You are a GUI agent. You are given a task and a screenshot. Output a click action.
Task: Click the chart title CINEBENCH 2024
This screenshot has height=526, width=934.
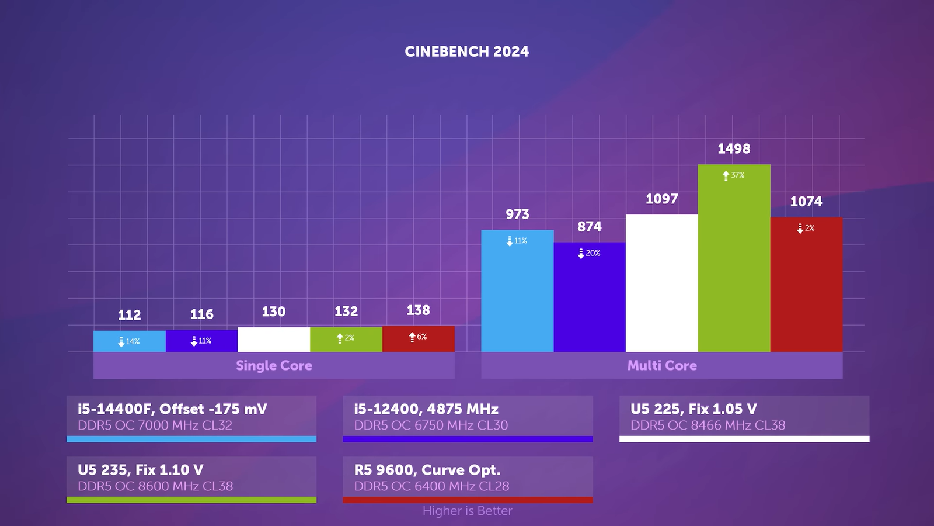(467, 51)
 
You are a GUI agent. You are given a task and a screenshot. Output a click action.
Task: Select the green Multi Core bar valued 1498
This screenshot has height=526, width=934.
(734, 263)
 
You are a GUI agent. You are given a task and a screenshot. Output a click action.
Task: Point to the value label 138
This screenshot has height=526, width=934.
(418, 310)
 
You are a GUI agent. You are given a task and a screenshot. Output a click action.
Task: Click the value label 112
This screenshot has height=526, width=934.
(130, 315)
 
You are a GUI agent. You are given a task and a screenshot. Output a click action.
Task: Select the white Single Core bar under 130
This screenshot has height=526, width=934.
(274, 340)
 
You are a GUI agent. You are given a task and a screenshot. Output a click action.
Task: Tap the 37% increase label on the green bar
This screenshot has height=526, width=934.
(734, 175)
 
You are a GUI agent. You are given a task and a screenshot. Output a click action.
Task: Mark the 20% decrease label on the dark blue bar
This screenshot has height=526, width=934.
(589, 253)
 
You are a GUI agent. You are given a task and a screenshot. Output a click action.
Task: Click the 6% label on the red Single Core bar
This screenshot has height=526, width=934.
(418, 337)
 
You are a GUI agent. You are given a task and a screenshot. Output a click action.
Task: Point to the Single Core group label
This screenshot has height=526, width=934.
(274, 365)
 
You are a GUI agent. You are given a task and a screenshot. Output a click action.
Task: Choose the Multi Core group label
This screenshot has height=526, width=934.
(662, 365)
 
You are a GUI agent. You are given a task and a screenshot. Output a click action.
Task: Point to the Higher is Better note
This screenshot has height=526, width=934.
(467, 511)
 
